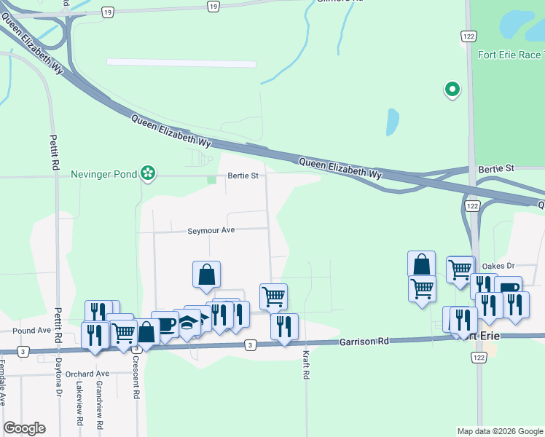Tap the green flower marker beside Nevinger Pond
click(149, 173)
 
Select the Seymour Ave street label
click(211, 230)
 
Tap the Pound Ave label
click(31, 330)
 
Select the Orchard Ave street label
click(87, 374)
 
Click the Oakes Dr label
click(499, 266)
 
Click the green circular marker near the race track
click(452, 90)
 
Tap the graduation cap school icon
click(189, 321)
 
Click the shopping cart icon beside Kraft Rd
click(273, 296)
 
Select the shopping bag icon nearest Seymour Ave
click(207, 274)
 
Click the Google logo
click(24, 428)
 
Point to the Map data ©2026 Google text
click(499, 431)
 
